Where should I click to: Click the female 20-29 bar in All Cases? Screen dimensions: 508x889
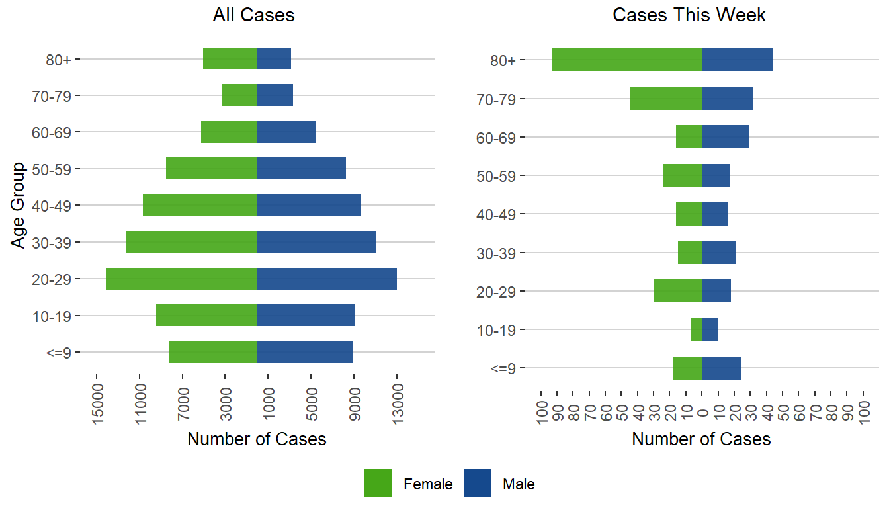tap(182, 278)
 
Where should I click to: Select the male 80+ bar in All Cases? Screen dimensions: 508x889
tap(274, 59)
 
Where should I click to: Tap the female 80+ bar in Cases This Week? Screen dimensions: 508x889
tap(627, 60)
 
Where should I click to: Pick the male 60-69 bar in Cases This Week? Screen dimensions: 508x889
tap(725, 137)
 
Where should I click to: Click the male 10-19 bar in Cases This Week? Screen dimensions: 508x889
tap(710, 329)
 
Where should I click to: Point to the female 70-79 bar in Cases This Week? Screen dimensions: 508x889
tap(665, 99)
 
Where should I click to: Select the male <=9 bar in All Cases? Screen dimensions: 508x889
tap(305, 352)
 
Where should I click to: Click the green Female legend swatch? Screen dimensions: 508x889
tap(378, 483)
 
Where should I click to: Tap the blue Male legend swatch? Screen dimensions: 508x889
tap(478, 483)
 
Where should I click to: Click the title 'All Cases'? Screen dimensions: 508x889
tap(253, 15)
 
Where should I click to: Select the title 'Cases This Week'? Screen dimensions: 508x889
tap(689, 15)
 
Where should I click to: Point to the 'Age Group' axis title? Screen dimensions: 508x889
tap(19, 205)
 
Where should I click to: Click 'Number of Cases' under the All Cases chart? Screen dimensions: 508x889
tap(257, 439)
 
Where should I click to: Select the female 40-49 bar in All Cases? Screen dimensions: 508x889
tap(200, 205)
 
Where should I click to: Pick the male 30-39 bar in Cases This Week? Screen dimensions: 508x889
tap(718, 252)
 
